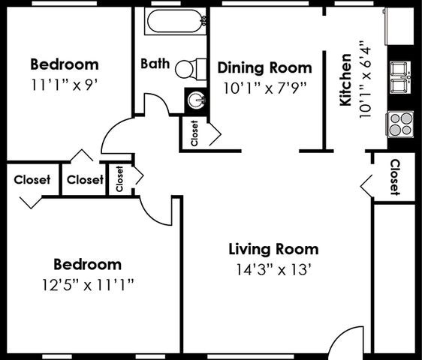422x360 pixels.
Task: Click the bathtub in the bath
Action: point(173,20)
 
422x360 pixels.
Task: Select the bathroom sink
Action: point(195,100)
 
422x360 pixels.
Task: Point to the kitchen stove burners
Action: point(401,122)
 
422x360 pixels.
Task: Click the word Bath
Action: point(155,63)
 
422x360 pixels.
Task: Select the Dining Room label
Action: point(264,67)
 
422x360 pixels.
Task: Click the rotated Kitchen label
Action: point(346,79)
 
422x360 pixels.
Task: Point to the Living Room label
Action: point(273,249)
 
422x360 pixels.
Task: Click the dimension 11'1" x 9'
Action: point(64,84)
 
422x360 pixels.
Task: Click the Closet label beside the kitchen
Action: point(394,177)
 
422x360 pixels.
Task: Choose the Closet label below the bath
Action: point(194,133)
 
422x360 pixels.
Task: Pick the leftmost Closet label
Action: point(32,180)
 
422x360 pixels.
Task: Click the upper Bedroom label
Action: point(64,64)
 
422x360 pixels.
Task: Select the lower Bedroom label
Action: point(87,264)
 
